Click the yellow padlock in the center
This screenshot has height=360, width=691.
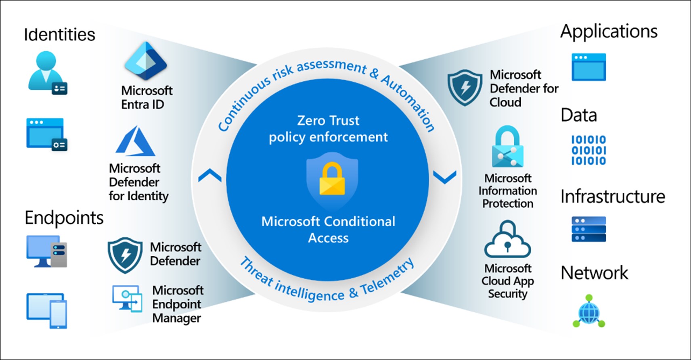pyautogui.click(x=332, y=180)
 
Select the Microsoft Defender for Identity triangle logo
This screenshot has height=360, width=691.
pyautogui.click(x=135, y=141)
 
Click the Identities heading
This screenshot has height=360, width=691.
pyautogui.click(x=60, y=35)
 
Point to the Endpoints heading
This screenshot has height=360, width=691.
pyautogui.click(x=64, y=218)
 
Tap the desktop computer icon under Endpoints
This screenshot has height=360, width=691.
pyautogui.click(x=46, y=251)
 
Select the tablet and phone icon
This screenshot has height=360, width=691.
pyautogui.click(x=47, y=310)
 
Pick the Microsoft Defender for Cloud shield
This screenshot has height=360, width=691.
pyautogui.click(x=465, y=87)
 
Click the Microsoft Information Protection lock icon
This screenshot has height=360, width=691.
pyautogui.click(x=507, y=147)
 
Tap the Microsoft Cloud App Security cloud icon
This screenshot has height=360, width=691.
pyautogui.click(x=507, y=240)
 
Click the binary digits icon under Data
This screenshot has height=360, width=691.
pyautogui.click(x=588, y=150)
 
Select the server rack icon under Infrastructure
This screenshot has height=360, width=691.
pyautogui.click(x=588, y=229)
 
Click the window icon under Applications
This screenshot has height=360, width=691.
pyautogui.click(x=588, y=67)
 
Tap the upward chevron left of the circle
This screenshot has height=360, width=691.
pyautogui.click(x=210, y=176)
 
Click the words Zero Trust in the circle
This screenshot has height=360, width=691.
pyautogui.click(x=328, y=121)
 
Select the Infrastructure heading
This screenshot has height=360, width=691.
pyautogui.click(x=613, y=197)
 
